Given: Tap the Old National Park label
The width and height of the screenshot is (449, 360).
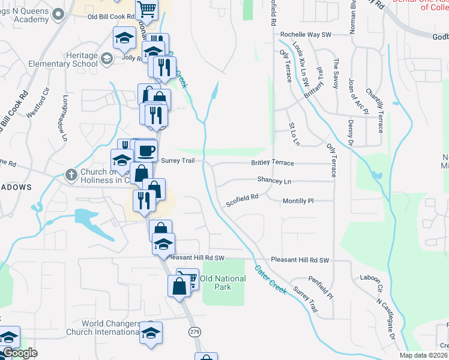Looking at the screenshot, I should (x=223, y=283).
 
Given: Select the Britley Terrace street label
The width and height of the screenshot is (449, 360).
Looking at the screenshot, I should (x=273, y=163).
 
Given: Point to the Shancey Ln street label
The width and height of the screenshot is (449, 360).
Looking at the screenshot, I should (x=274, y=180).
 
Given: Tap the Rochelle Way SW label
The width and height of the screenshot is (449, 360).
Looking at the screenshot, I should (x=306, y=35).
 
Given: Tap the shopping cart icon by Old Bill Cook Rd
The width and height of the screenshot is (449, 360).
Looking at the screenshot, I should (x=146, y=9).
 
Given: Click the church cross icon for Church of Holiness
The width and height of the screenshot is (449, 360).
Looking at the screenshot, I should (x=71, y=175).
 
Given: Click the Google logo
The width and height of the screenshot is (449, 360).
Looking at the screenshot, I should (x=19, y=353).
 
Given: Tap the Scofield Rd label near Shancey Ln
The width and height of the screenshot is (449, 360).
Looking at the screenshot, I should (x=242, y=200).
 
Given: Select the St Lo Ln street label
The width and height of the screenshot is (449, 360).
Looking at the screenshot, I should (x=294, y=134).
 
